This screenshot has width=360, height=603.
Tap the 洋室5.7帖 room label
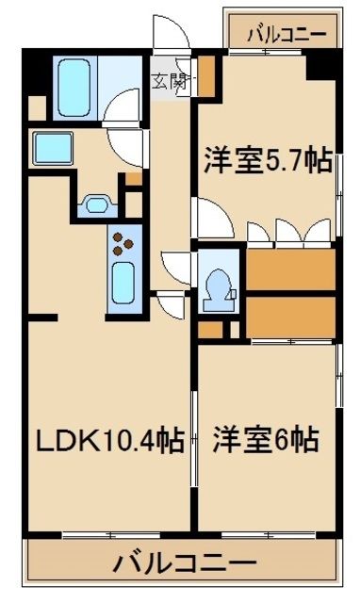(x=267, y=161)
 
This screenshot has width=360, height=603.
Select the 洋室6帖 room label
(x=264, y=439)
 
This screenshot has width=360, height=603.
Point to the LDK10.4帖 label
(x=109, y=440)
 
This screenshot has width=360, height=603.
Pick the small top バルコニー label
(x=286, y=35)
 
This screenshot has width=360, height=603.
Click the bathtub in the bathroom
(x=74, y=86)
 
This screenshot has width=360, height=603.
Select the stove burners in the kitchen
(x=124, y=243)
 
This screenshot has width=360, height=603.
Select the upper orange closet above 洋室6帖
(x=290, y=269)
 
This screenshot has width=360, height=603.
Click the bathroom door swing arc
(x=123, y=108)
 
